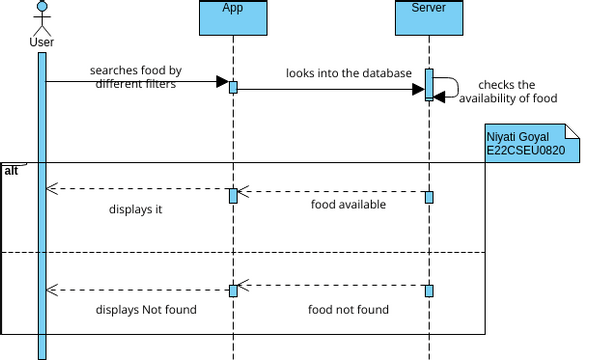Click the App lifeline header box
233,16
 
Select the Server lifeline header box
428,16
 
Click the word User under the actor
42,42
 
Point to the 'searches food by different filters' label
135,77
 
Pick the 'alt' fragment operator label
11,171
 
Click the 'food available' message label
348,204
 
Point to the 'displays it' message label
135,210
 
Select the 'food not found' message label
348,309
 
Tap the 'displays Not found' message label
146,309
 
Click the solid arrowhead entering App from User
223,82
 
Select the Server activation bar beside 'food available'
429,197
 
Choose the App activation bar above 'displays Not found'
233,290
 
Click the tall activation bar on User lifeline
42,200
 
